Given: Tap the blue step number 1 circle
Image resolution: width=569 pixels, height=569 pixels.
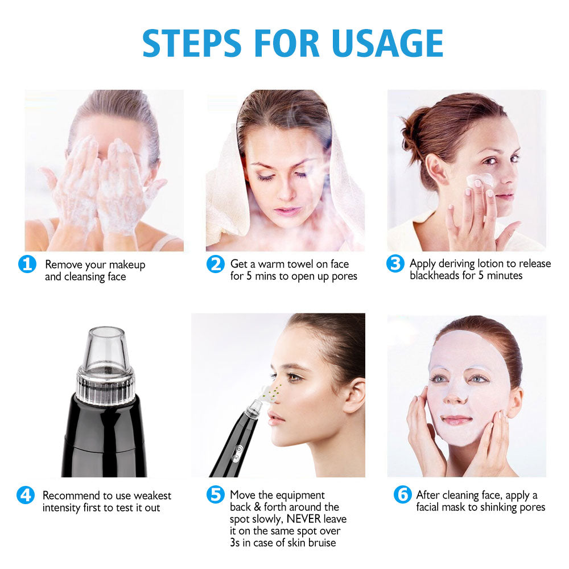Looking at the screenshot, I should pos(27,265).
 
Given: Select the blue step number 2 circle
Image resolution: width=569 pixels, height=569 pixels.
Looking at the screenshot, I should pos(215,264).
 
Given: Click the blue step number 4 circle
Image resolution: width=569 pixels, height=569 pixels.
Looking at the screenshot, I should pos(26,495).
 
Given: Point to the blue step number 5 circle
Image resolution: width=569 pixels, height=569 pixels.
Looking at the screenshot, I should pos(215,495).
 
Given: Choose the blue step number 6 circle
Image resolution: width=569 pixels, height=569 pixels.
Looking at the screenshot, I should pos(402,495).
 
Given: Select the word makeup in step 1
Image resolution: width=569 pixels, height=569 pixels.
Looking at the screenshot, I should pos(127,265).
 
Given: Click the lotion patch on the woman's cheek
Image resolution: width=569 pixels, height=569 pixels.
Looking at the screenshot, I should pos(479,180).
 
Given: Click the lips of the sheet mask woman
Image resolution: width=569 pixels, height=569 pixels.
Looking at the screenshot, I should pos(457,419).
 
